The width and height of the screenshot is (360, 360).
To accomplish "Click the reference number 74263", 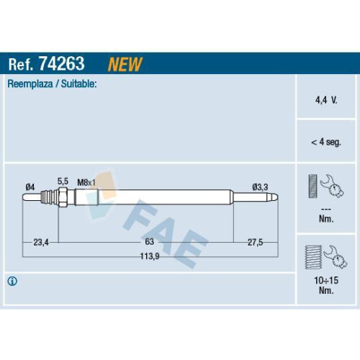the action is coord(62,63).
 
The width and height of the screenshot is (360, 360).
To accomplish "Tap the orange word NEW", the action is coord(125,64).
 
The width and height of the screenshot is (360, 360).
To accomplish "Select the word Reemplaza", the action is coord(30,84).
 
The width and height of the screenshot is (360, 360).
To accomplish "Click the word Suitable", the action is coord(78,84).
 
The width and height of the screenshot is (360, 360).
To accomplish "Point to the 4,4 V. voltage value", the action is coord(326,100).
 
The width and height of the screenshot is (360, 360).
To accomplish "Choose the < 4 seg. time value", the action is coord(326,142).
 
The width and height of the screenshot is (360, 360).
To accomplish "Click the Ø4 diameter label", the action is coord(30,187).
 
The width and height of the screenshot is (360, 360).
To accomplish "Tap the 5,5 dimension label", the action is coord(63,181).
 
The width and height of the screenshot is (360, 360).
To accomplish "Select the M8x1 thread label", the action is coord(86,183).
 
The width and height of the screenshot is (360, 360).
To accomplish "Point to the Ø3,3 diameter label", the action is coord(260,187).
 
